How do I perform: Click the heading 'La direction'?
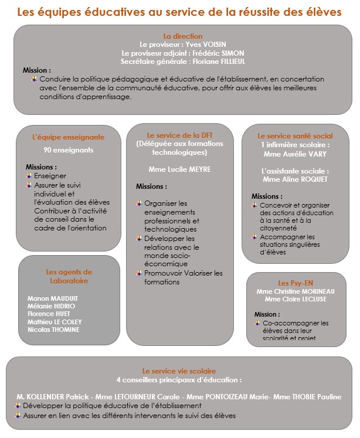182,36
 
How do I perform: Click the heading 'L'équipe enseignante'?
68,137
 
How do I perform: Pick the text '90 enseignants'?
68,150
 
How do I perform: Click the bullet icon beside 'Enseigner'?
29,175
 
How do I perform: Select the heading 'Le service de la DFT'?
179,135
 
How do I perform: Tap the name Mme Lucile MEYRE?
179,169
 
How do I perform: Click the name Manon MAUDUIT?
52,298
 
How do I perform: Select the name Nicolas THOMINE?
54,330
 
